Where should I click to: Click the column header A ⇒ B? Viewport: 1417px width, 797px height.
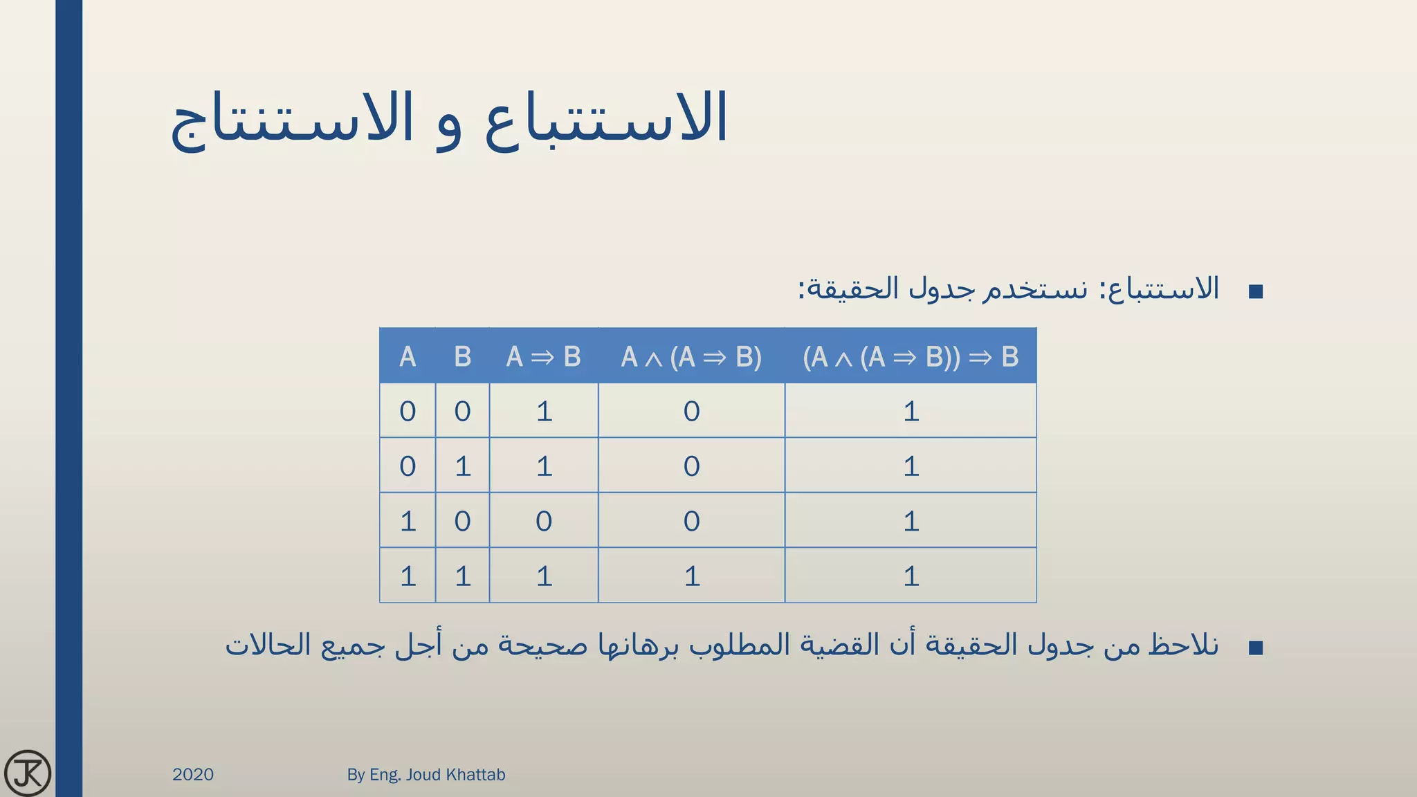click(544, 357)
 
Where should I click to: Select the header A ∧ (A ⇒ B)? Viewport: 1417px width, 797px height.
click(691, 357)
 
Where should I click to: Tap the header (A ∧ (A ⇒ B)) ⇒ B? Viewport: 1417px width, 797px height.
click(911, 357)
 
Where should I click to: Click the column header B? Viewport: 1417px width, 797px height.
click(462, 357)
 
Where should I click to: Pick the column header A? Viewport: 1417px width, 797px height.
click(408, 357)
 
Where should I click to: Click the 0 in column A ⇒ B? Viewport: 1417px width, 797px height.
click(544, 521)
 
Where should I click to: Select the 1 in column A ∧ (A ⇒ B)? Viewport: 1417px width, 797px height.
click(691, 576)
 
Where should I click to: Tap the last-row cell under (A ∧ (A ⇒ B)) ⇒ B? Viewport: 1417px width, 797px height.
click(911, 576)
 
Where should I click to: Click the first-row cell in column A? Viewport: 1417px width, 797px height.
click(408, 412)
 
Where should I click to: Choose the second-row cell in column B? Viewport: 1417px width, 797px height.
click(462, 466)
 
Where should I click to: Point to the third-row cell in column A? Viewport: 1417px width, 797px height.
click(408, 521)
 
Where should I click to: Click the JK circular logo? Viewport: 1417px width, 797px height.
click(28, 773)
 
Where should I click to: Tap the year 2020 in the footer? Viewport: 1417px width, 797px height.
click(193, 774)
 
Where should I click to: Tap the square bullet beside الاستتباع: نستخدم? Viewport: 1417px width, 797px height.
click(1256, 291)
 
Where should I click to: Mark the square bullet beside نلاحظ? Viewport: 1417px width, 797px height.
click(1256, 648)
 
